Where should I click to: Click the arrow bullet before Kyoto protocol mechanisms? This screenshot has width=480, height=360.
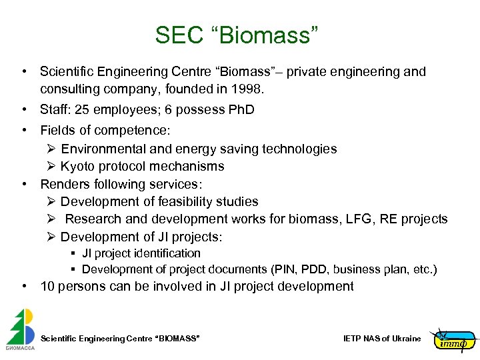pyautogui.click(x=51, y=166)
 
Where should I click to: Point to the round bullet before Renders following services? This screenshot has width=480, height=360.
pyautogui.click(x=24, y=184)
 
